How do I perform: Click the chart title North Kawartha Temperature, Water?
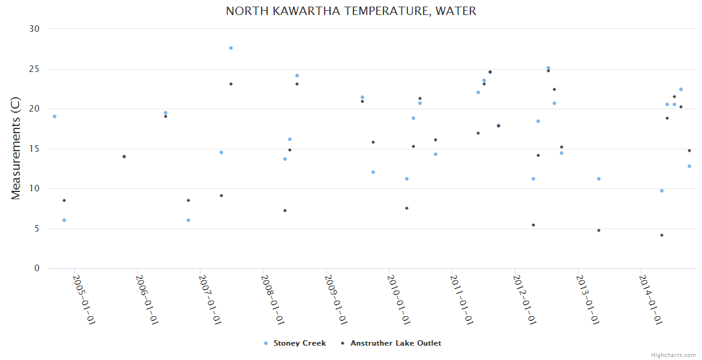351,11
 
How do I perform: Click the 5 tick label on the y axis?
37,229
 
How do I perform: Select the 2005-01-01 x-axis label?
85,300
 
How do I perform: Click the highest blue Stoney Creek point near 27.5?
231,48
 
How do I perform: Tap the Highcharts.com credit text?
673,355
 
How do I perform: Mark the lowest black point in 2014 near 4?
662,235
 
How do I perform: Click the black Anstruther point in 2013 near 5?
599,230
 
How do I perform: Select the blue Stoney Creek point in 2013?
599,179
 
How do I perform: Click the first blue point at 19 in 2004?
55,116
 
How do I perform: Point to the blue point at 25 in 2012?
548,68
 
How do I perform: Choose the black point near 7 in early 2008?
285,211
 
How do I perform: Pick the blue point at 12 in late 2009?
373,172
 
